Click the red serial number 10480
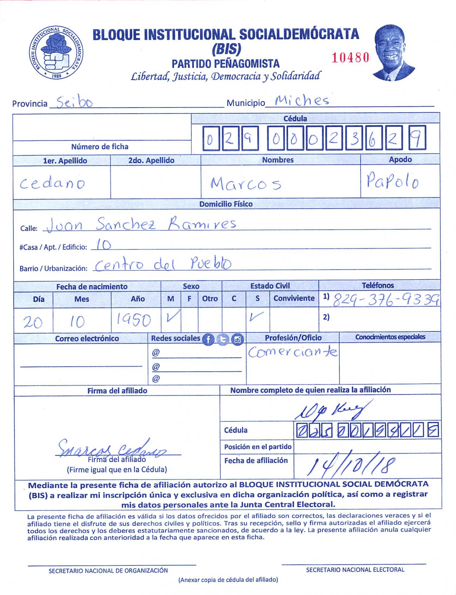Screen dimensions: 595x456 [x=350, y=57]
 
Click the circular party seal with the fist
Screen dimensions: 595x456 [x=56, y=52]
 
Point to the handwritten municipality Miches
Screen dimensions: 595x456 [x=302, y=101]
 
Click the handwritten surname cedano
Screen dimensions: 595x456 [x=52, y=183]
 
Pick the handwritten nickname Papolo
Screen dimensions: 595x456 [x=392, y=180]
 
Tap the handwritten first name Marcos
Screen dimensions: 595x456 [x=246, y=183]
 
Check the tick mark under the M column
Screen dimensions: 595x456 [x=172, y=316]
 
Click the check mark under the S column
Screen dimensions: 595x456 [x=256, y=317]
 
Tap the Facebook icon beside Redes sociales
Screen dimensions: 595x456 [x=208, y=339]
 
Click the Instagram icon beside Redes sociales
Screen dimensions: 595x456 [x=237, y=339]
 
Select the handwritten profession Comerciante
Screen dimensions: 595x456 [x=293, y=352]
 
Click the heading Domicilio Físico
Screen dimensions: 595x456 [x=226, y=204]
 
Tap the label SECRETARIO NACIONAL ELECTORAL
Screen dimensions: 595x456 [x=355, y=570]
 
